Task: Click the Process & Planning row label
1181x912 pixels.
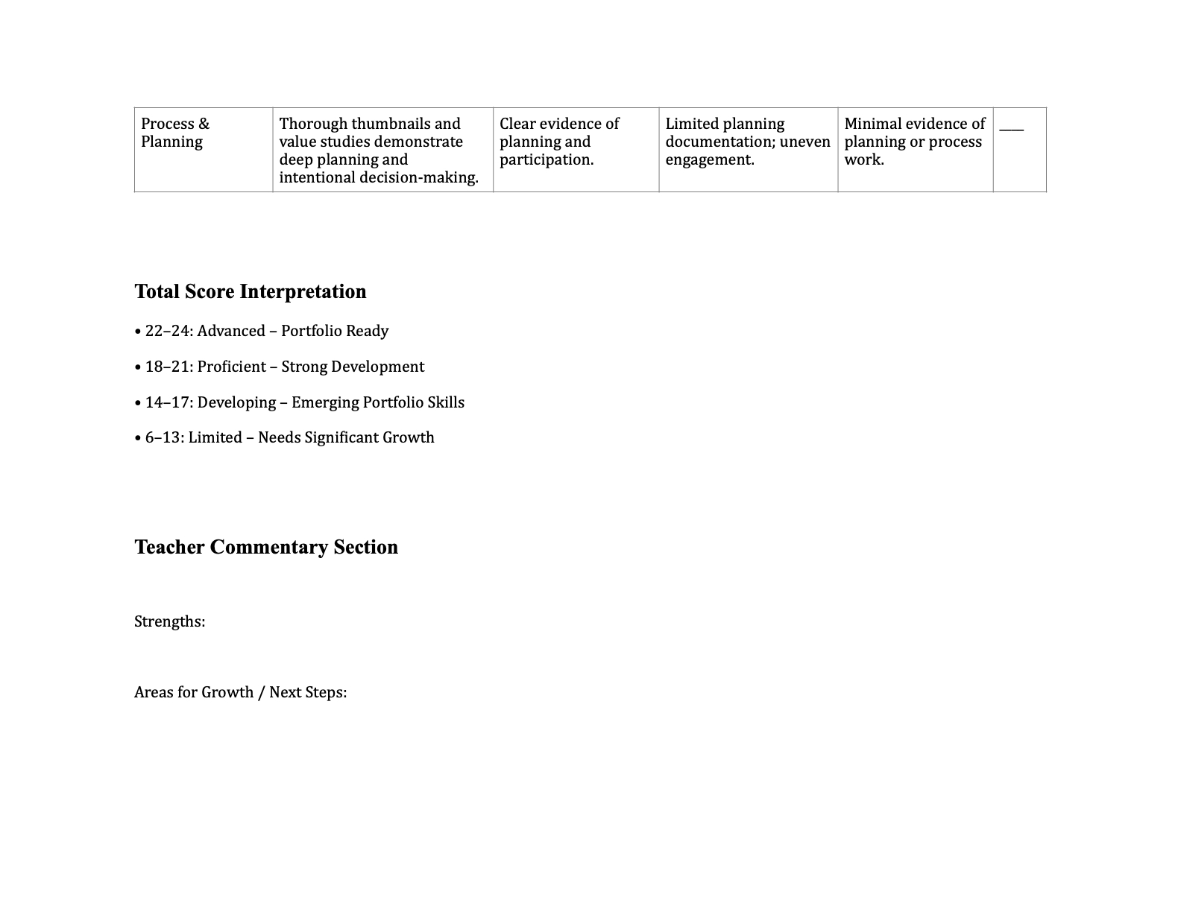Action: pyautogui.click(x=175, y=133)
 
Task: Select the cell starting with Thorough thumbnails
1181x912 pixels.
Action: pyautogui.click(x=379, y=150)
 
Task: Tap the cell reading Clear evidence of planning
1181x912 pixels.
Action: pyautogui.click(x=559, y=142)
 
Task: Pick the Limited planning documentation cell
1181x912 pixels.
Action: pyautogui.click(x=747, y=142)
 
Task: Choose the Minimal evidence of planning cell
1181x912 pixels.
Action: pyautogui.click(x=914, y=142)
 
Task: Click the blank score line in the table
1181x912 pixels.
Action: pyautogui.click(x=1011, y=128)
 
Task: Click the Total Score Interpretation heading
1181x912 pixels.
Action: pyautogui.click(x=251, y=291)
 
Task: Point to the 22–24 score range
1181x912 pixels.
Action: pyautogui.click(x=167, y=331)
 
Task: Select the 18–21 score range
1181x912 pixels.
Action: pyautogui.click(x=167, y=367)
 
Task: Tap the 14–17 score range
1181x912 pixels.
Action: pyautogui.click(x=167, y=402)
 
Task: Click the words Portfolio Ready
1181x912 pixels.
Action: pyautogui.click(x=335, y=331)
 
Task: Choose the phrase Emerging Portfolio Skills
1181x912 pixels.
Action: pyautogui.click(x=378, y=402)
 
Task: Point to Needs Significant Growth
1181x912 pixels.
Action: pyautogui.click(x=346, y=437)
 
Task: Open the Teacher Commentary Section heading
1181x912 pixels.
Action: pyautogui.click(x=266, y=547)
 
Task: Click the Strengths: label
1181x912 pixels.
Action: pyautogui.click(x=170, y=621)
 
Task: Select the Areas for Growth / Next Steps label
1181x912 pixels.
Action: pyautogui.click(x=240, y=692)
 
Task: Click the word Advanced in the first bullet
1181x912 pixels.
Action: pyautogui.click(x=231, y=331)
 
